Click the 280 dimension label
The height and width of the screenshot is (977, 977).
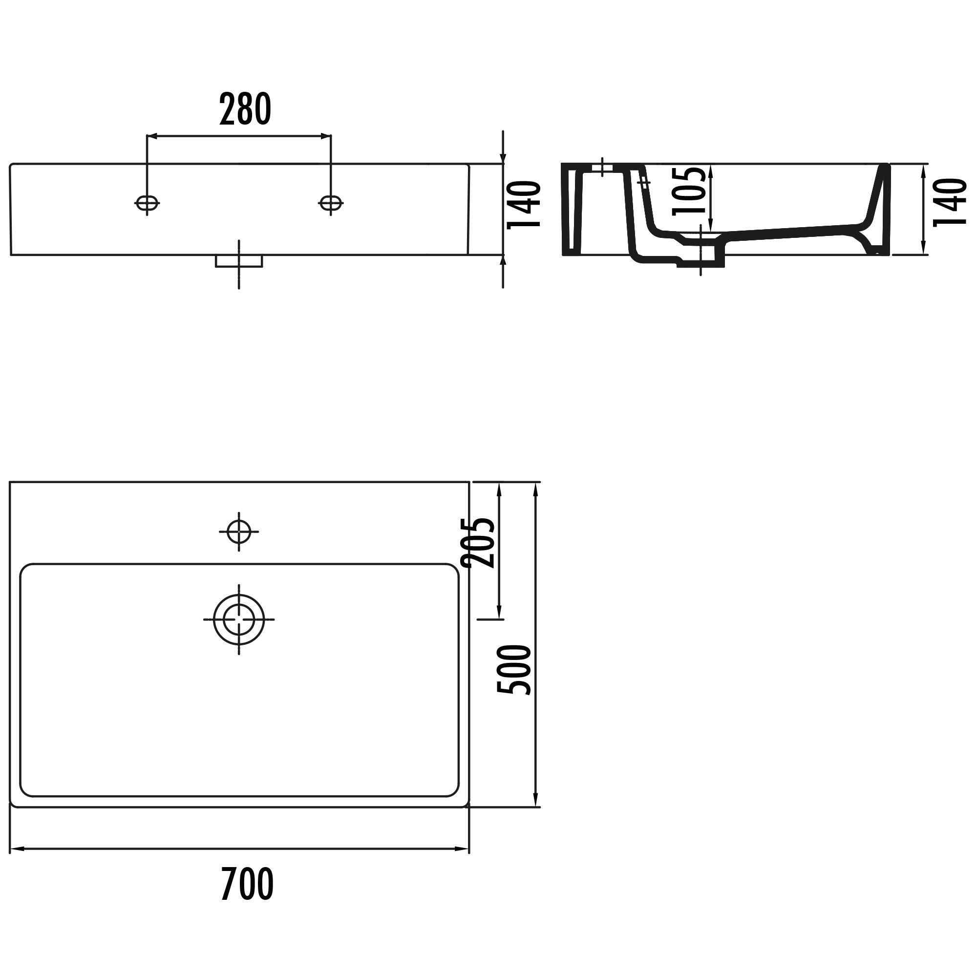click(x=245, y=109)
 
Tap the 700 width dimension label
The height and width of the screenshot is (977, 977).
click(x=247, y=883)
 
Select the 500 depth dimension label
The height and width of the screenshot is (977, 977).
click(x=514, y=670)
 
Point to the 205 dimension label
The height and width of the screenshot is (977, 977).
click(x=478, y=543)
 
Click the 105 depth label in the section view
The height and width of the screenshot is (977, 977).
click(x=689, y=190)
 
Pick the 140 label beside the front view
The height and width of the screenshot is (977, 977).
click(x=524, y=205)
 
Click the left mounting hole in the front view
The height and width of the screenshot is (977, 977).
click(x=147, y=203)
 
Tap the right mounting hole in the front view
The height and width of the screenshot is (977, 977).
click(x=331, y=203)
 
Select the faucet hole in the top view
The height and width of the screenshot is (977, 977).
click(x=239, y=531)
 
